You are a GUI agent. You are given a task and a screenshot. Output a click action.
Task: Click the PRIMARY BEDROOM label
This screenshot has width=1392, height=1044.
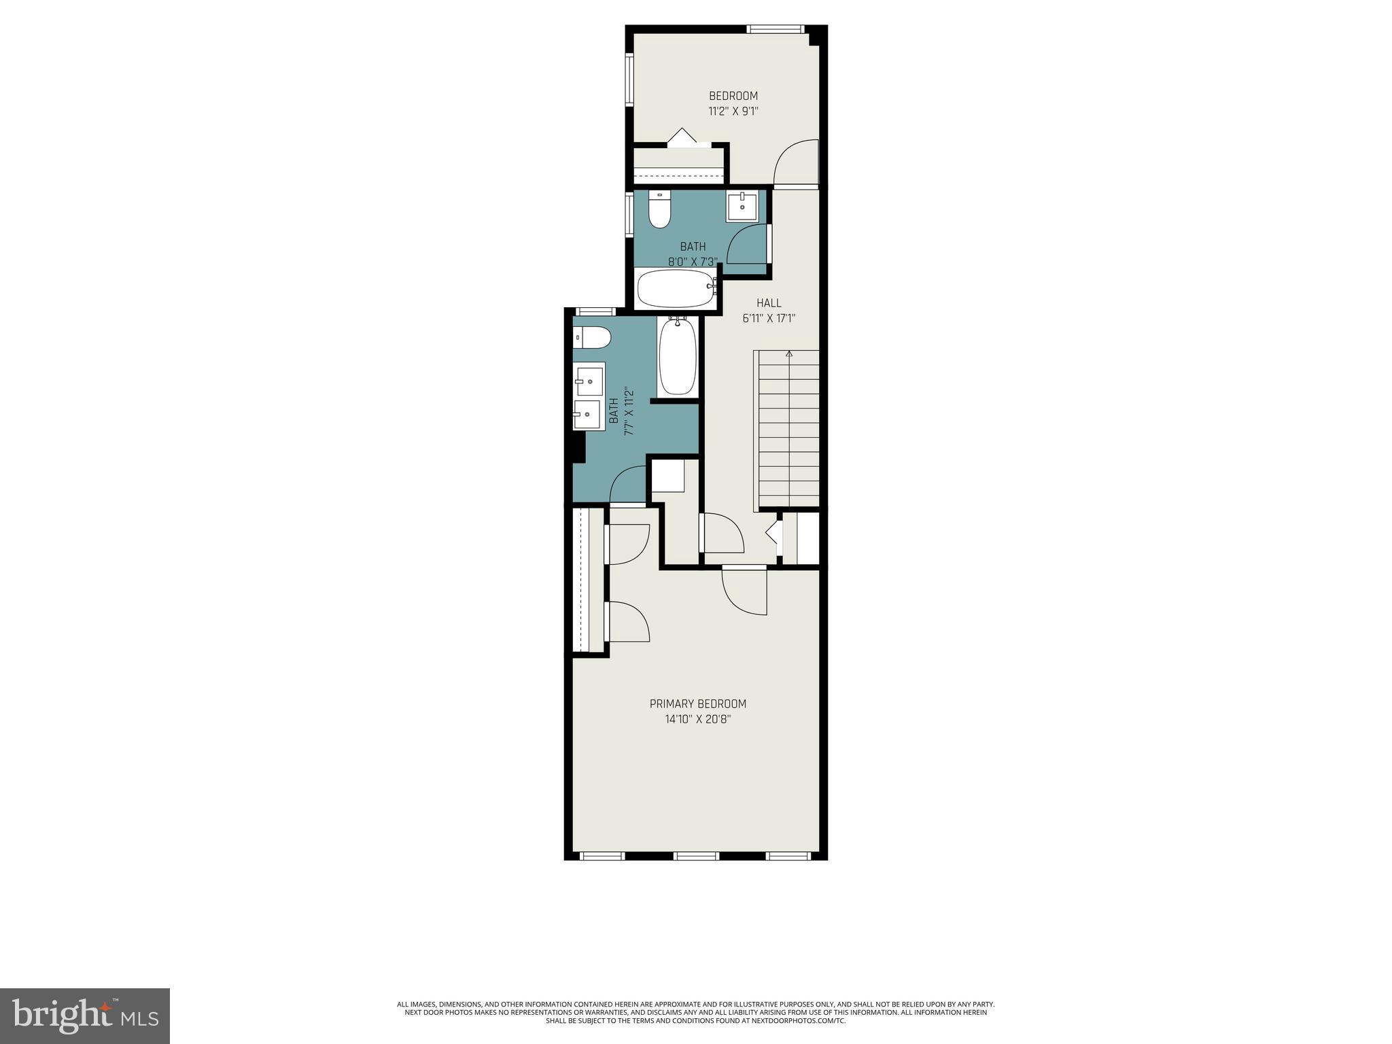(697, 703)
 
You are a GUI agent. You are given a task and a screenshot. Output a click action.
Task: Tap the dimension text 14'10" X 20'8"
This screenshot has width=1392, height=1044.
(697, 719)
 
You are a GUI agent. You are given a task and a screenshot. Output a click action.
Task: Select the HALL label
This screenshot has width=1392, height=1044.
(769, 302)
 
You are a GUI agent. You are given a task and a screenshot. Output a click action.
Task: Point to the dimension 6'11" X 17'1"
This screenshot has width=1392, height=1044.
(769, 317)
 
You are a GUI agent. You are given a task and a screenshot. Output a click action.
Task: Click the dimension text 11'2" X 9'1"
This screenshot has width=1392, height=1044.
(733, 111)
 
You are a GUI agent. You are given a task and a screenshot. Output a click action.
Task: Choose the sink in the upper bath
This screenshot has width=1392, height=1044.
(742, 207)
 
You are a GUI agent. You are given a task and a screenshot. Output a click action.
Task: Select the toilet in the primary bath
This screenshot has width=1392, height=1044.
(591, 337)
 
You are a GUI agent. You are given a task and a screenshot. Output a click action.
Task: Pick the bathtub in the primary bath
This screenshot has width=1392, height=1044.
(678, 356)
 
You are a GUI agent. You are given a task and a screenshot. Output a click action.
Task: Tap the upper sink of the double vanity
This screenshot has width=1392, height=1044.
(589, 379)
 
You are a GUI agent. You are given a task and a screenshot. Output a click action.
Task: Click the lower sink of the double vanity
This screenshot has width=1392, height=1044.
(587, 414)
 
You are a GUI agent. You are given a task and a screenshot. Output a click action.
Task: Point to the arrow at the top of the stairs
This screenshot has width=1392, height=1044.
(789, 354)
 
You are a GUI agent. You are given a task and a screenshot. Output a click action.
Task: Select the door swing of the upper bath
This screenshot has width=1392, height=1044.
(747, 245)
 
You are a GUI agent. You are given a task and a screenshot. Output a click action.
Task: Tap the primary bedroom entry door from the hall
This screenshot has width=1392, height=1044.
(744, 591)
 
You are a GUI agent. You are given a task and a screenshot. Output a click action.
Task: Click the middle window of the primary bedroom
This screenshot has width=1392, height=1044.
(695, 855)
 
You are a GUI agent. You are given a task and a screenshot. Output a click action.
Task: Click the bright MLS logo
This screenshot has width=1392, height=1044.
(85, 1015)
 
